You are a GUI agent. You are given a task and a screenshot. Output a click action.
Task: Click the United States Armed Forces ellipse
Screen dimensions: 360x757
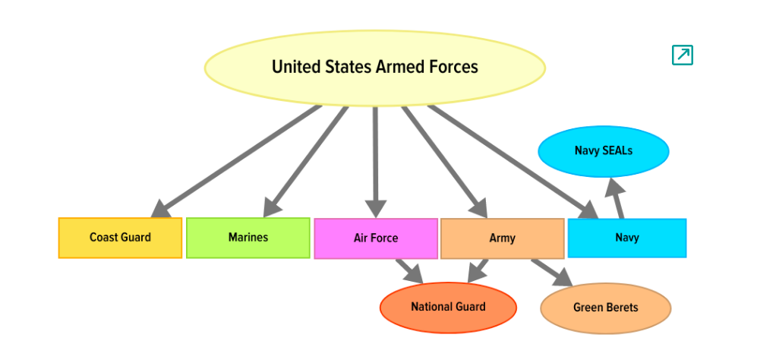pos(374,67)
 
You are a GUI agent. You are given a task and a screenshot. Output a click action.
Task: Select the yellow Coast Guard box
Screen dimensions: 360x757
pos(120,238)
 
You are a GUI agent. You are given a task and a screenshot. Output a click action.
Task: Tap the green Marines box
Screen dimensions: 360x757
pos(248,238)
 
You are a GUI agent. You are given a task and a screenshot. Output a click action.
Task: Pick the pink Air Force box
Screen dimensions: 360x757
pos(375,238)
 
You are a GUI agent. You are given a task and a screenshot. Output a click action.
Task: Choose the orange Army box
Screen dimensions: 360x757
pos(502,238)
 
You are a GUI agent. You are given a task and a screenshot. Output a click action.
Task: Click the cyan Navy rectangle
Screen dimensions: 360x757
pos(626,238)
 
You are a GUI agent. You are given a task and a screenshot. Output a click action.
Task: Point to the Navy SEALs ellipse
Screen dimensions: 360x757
pos(603,151)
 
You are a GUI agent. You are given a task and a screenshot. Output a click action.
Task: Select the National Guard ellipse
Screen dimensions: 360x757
pos(448,307)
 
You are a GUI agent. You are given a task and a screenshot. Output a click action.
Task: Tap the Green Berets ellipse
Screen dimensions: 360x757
pos(605,308)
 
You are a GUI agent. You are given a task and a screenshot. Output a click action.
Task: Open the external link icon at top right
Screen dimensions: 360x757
pos(682,55)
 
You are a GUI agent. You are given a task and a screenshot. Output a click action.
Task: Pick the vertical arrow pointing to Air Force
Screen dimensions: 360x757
pos(375,159)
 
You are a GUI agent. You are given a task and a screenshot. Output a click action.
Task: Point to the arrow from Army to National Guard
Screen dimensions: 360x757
pos(478,270)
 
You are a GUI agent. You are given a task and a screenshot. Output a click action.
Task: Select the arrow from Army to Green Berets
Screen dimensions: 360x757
pos(550,273)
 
